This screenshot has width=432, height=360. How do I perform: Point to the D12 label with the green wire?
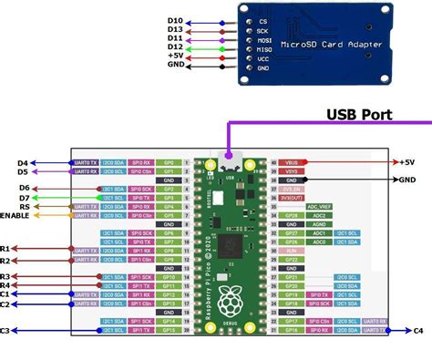(x=174, y=46)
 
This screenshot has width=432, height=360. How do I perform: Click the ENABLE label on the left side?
(x=16, y=216)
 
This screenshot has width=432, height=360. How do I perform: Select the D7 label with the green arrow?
(x=24, y=197)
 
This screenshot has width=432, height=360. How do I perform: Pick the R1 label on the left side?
(x=5, y=249)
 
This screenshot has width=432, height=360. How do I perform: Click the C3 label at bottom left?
(x=5, y=330)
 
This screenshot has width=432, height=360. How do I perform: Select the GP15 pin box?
(x=168, y=331)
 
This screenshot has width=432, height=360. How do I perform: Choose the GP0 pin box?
(x=168, y=161)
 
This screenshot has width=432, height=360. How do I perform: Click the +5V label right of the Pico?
(x=406, y=161)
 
